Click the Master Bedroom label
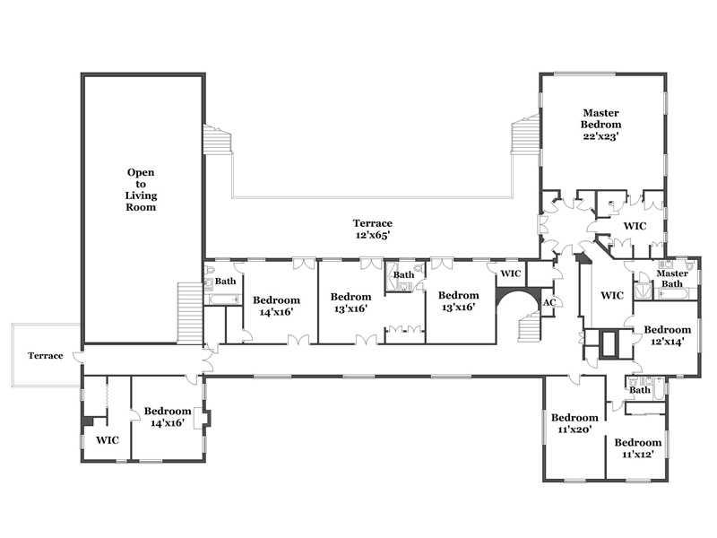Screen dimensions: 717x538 click(600, 118)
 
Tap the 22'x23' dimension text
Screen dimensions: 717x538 click(600, 136)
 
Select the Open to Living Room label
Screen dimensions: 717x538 click(141, 189)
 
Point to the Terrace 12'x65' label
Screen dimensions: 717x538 click(373, 229)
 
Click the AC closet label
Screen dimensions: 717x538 click(549, 302)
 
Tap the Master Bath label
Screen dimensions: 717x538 click(672, 279)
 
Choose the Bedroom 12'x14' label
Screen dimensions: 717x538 click(667, 335)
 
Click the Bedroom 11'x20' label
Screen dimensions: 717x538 click(574, 423)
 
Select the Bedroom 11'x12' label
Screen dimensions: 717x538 click(638, 447)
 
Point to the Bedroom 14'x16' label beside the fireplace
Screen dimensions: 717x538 click(168, 417)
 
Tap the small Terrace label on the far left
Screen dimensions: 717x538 click(46, 355)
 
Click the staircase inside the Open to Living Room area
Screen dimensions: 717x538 click(190, 313)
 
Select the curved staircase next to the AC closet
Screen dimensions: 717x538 click(530, 327)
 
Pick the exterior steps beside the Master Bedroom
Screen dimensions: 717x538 click(525, 135)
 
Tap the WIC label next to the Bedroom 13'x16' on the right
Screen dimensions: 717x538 click(511, 273)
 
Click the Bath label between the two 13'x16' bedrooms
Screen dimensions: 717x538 click(404, 274)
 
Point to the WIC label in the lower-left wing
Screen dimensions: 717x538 click(108, 440)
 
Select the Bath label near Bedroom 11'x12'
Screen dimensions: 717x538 click(640, 390)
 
